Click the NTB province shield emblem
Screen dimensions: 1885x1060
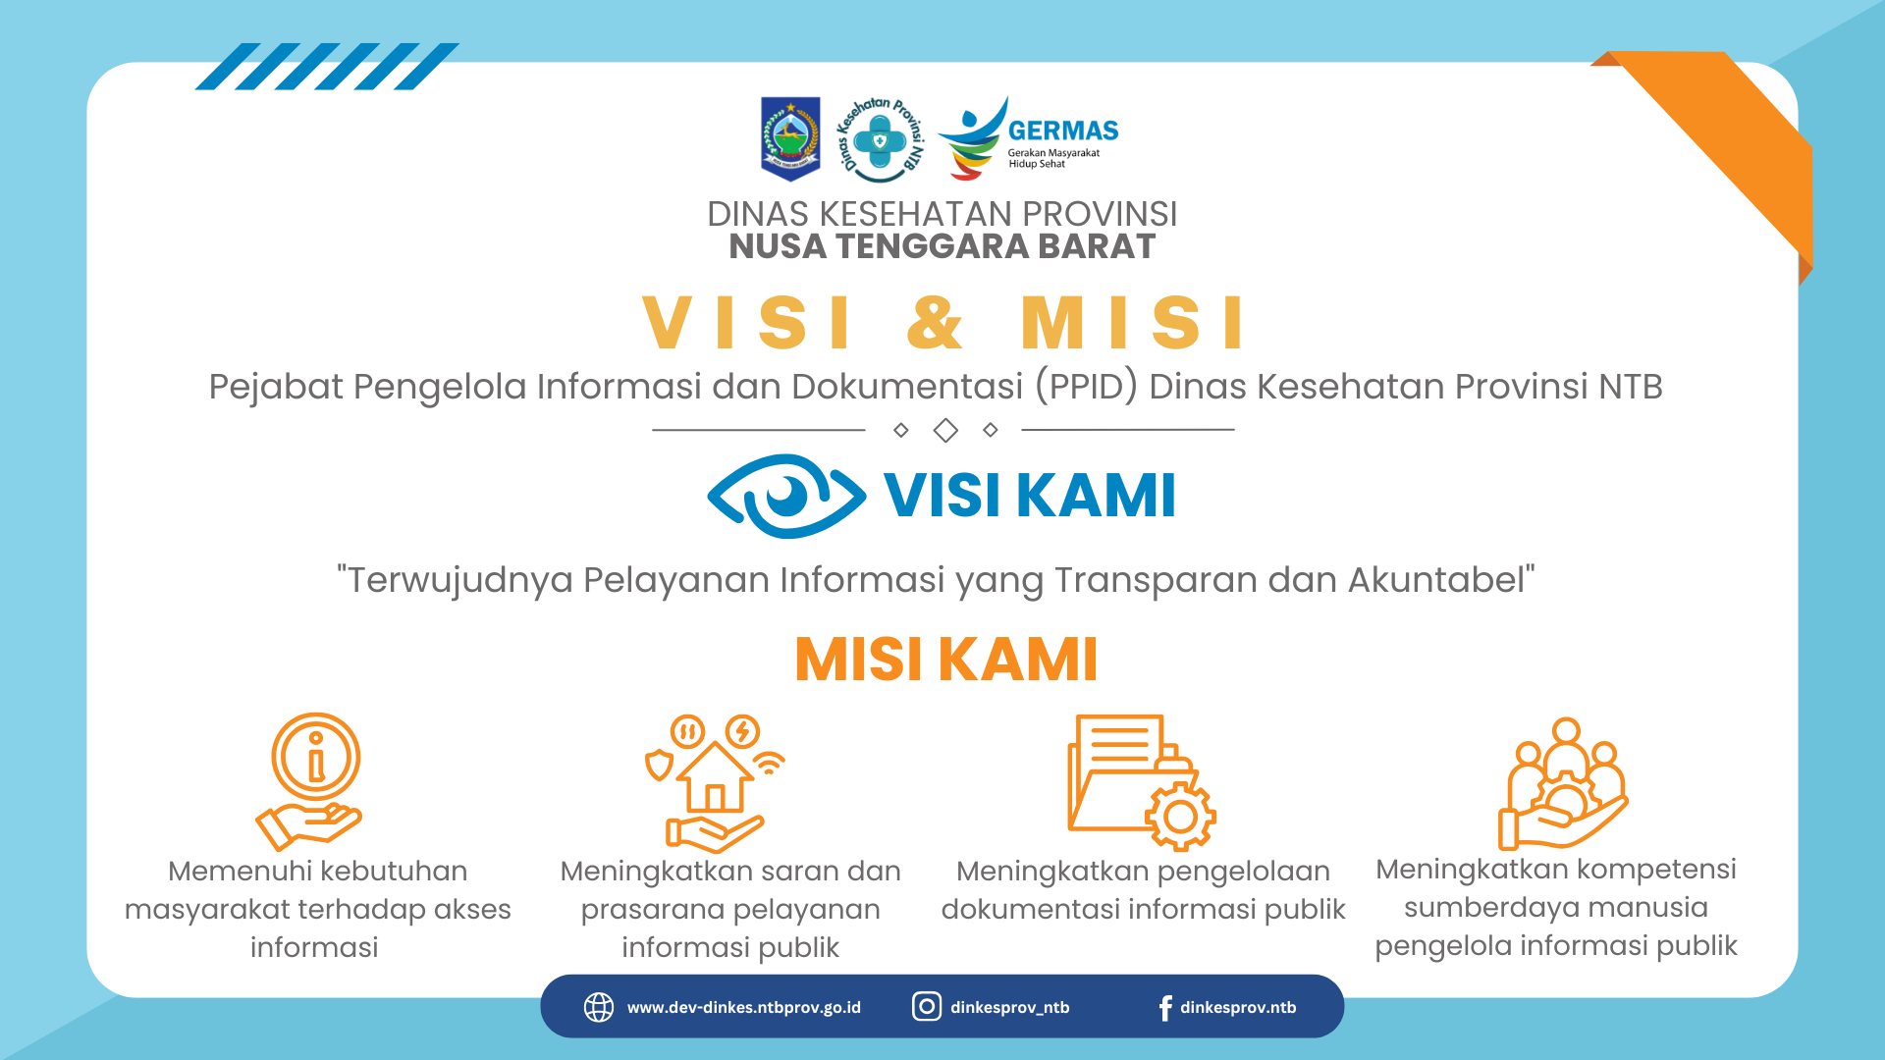coord(790,138)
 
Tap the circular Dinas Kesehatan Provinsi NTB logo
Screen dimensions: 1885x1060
coord(880,139)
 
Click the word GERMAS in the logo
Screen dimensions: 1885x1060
coord(1063,131)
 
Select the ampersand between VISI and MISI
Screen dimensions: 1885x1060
coord(936,322)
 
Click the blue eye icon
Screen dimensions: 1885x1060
coord(786,496)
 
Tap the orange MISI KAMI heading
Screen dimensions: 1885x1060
coord(945,659)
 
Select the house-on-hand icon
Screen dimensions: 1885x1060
coord(716,783)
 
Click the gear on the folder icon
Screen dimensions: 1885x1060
coord(1180,816)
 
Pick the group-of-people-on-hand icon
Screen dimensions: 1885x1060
coord(1563,783)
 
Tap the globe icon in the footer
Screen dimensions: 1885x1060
coord(599,1007)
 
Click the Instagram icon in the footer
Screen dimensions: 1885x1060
coord(927,1006)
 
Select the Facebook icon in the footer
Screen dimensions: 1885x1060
coord(1165,1008)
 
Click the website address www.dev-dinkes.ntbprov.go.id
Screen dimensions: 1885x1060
coord(744,1007)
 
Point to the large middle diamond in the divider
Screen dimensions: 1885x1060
coord(945,430)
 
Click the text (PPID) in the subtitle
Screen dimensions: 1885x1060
coord(1086,387)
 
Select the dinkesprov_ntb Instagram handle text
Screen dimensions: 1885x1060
coord(1010,1007)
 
